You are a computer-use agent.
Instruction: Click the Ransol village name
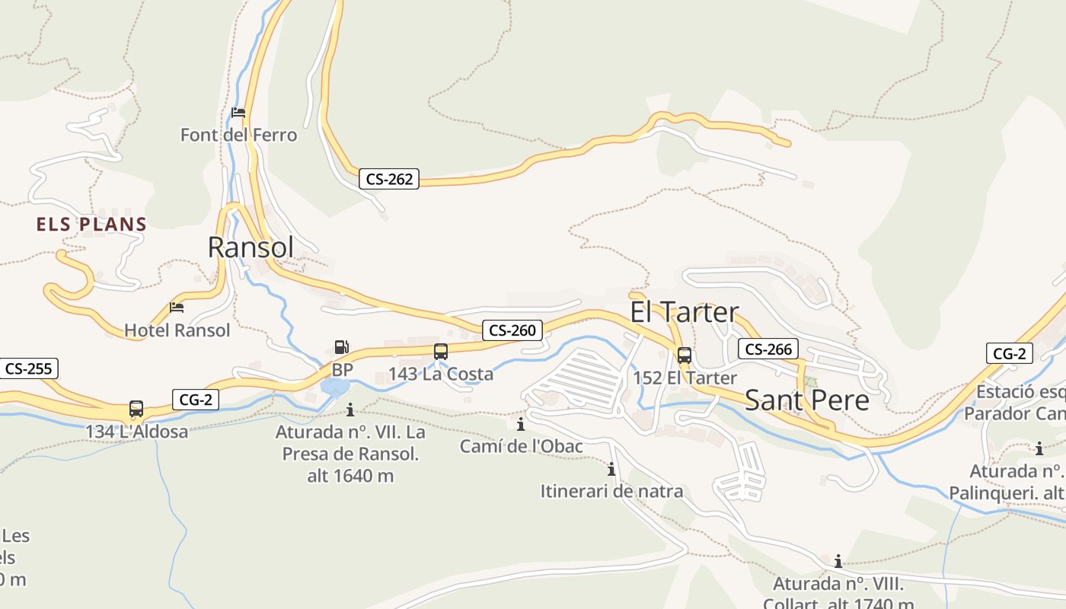251,247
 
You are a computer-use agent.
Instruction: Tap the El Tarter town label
685,312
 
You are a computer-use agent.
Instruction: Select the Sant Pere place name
806,400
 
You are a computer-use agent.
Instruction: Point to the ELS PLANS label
91,225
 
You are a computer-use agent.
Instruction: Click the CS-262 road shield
389,179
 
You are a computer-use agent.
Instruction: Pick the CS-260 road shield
512,330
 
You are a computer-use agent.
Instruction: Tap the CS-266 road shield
768,349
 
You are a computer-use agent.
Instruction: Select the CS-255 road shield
28,369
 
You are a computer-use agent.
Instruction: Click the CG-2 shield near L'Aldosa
196,400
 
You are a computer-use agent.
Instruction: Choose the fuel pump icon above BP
342,347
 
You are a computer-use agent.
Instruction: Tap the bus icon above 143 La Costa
441,352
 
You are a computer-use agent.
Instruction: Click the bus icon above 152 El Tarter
685,355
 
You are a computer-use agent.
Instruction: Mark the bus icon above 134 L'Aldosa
136,409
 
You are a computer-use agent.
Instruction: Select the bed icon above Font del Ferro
238,113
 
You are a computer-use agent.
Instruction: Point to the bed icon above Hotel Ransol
177,308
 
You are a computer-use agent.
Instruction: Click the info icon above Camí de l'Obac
521,424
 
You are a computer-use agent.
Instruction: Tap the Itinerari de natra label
611,492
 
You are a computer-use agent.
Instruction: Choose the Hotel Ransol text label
177,330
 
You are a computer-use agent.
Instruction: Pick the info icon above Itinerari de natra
611,469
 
